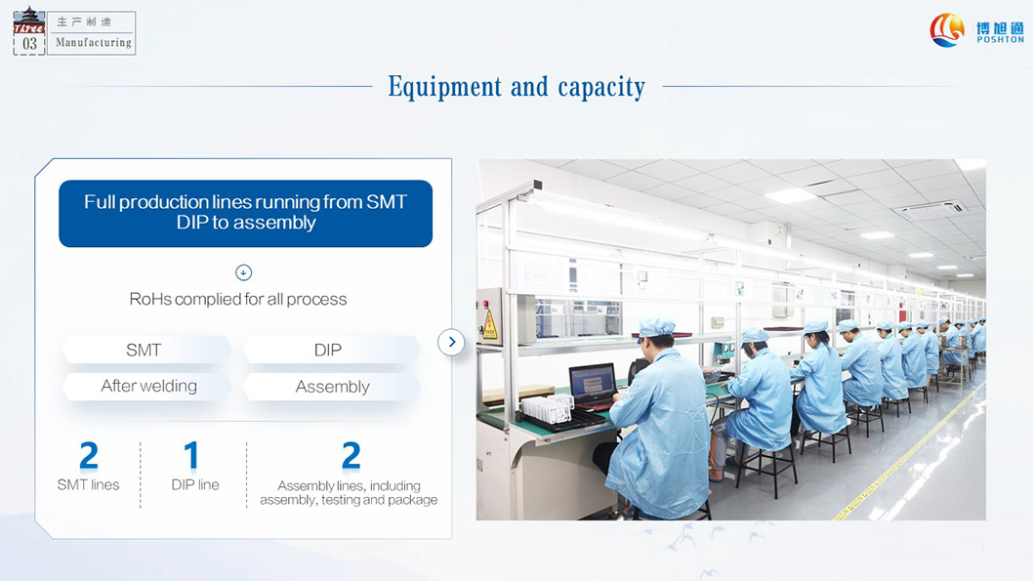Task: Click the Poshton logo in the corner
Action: [x=976, y=30]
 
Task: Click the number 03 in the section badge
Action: [x=29, y=44]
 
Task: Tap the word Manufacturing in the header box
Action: [x=94, y=42]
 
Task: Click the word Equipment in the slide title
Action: [x=444, y=87]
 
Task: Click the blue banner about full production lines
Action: [x=246, y=214]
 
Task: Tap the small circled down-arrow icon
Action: [x=244, y=272]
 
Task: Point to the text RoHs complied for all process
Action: [x=238, y=299]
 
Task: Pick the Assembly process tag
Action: [x=331, y=387]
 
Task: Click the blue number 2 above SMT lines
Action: [x=89, y=456]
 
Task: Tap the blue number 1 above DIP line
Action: [x=191, y=455]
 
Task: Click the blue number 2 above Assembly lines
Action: [x=351, y=456]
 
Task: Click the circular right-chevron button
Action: [x=451, y=342]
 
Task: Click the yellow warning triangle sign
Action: [x=490, y=325]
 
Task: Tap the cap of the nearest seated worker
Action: [x=657, y=326]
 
